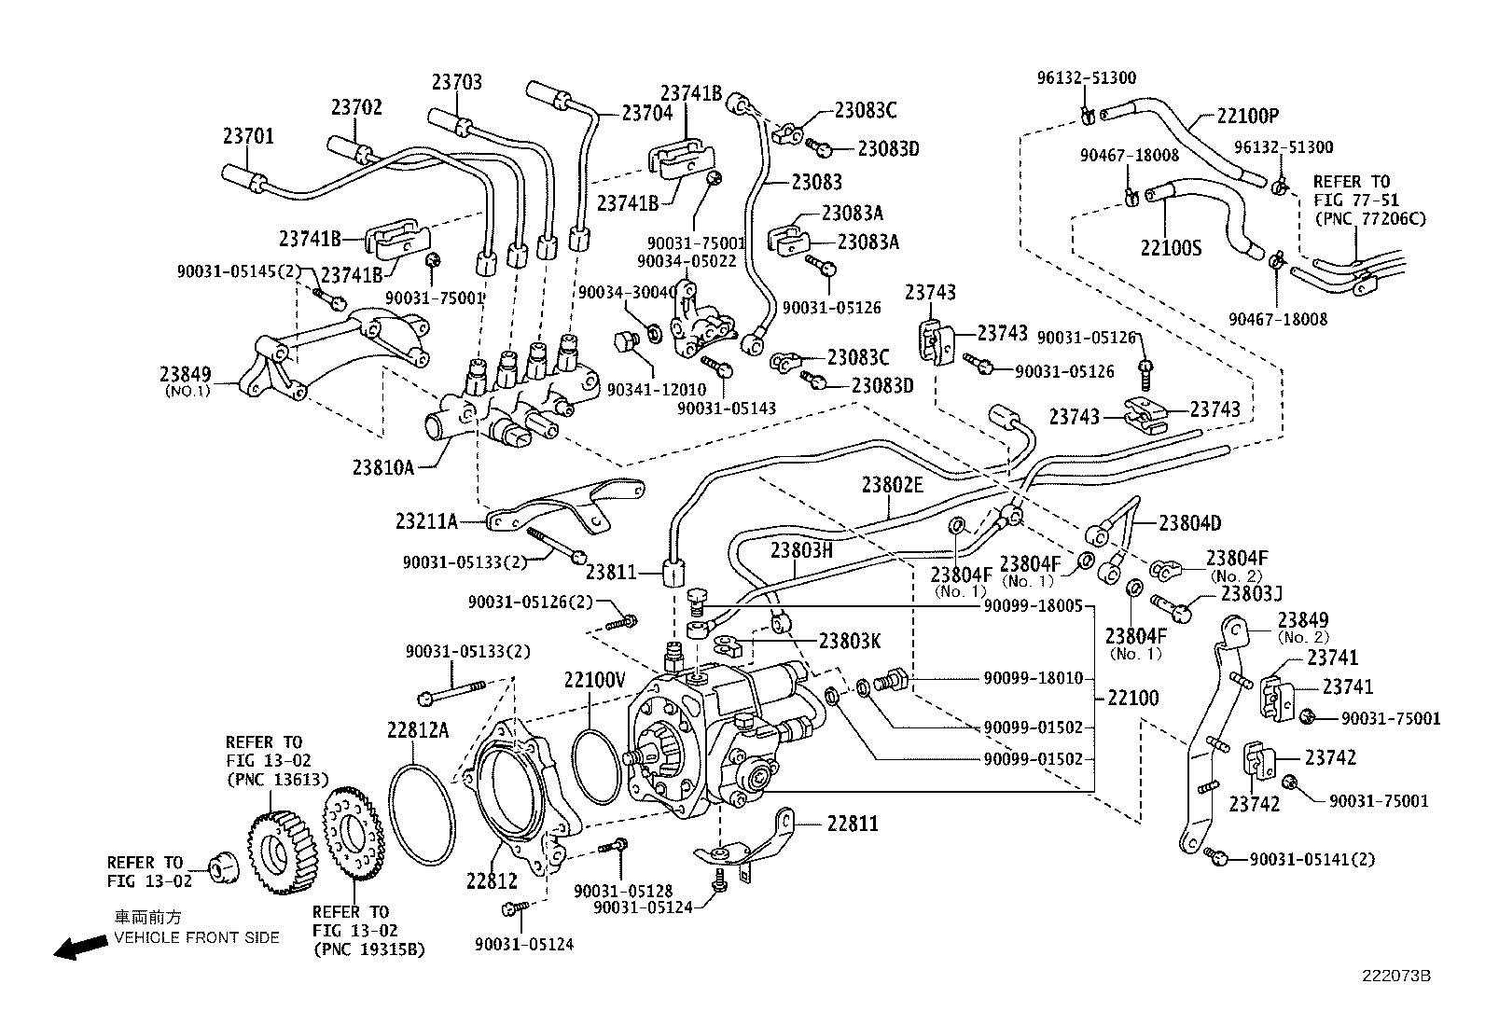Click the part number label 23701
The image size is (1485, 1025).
pos(248,136)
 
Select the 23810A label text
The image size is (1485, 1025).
pos(382,467)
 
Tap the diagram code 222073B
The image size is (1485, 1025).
pos(1395,976)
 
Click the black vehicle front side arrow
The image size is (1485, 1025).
pos(79,948)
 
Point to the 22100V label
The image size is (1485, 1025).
pos(594,679)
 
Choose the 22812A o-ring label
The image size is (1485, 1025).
pos(418,729)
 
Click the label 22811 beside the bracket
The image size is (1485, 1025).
pos(852,824)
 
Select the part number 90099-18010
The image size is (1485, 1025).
pos(1032,678)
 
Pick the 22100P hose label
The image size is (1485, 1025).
pos(1247,117)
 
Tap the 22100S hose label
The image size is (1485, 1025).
pos(1171,249)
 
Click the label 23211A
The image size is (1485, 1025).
pos(426,521)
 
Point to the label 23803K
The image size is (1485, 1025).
pos(850,641)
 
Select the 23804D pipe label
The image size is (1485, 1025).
pos(1189,523)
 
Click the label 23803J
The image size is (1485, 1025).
pos(1252,592)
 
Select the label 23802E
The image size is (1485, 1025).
pos(892,484)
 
